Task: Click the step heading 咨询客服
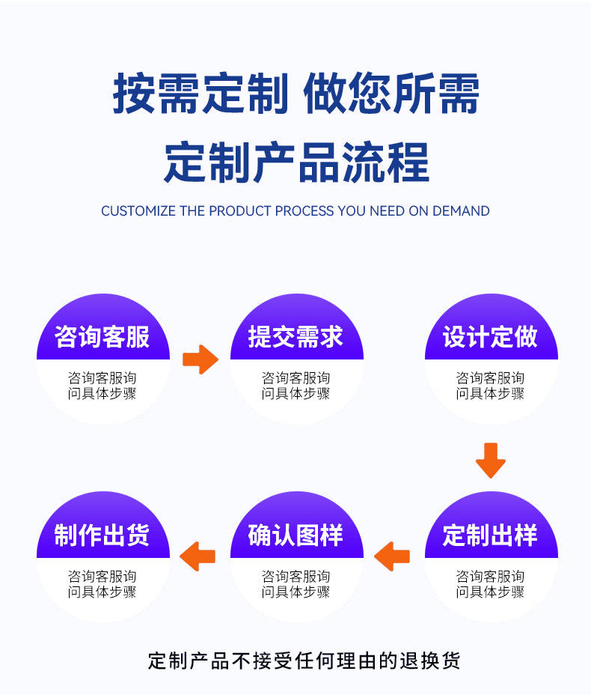[102, 337]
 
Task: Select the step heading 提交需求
[296, 337]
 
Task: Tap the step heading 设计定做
[491, 337]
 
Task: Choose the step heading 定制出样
[491, 535]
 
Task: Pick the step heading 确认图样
[296, 535]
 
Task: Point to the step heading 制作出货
[102, 535]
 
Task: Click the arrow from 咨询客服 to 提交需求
[200, 359]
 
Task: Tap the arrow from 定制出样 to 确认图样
[392, 556]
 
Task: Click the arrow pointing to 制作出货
[198, 556]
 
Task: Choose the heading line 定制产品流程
[296, 162]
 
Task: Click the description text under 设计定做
[491, 386]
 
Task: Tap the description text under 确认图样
[296, 584]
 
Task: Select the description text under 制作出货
[102, 584]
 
